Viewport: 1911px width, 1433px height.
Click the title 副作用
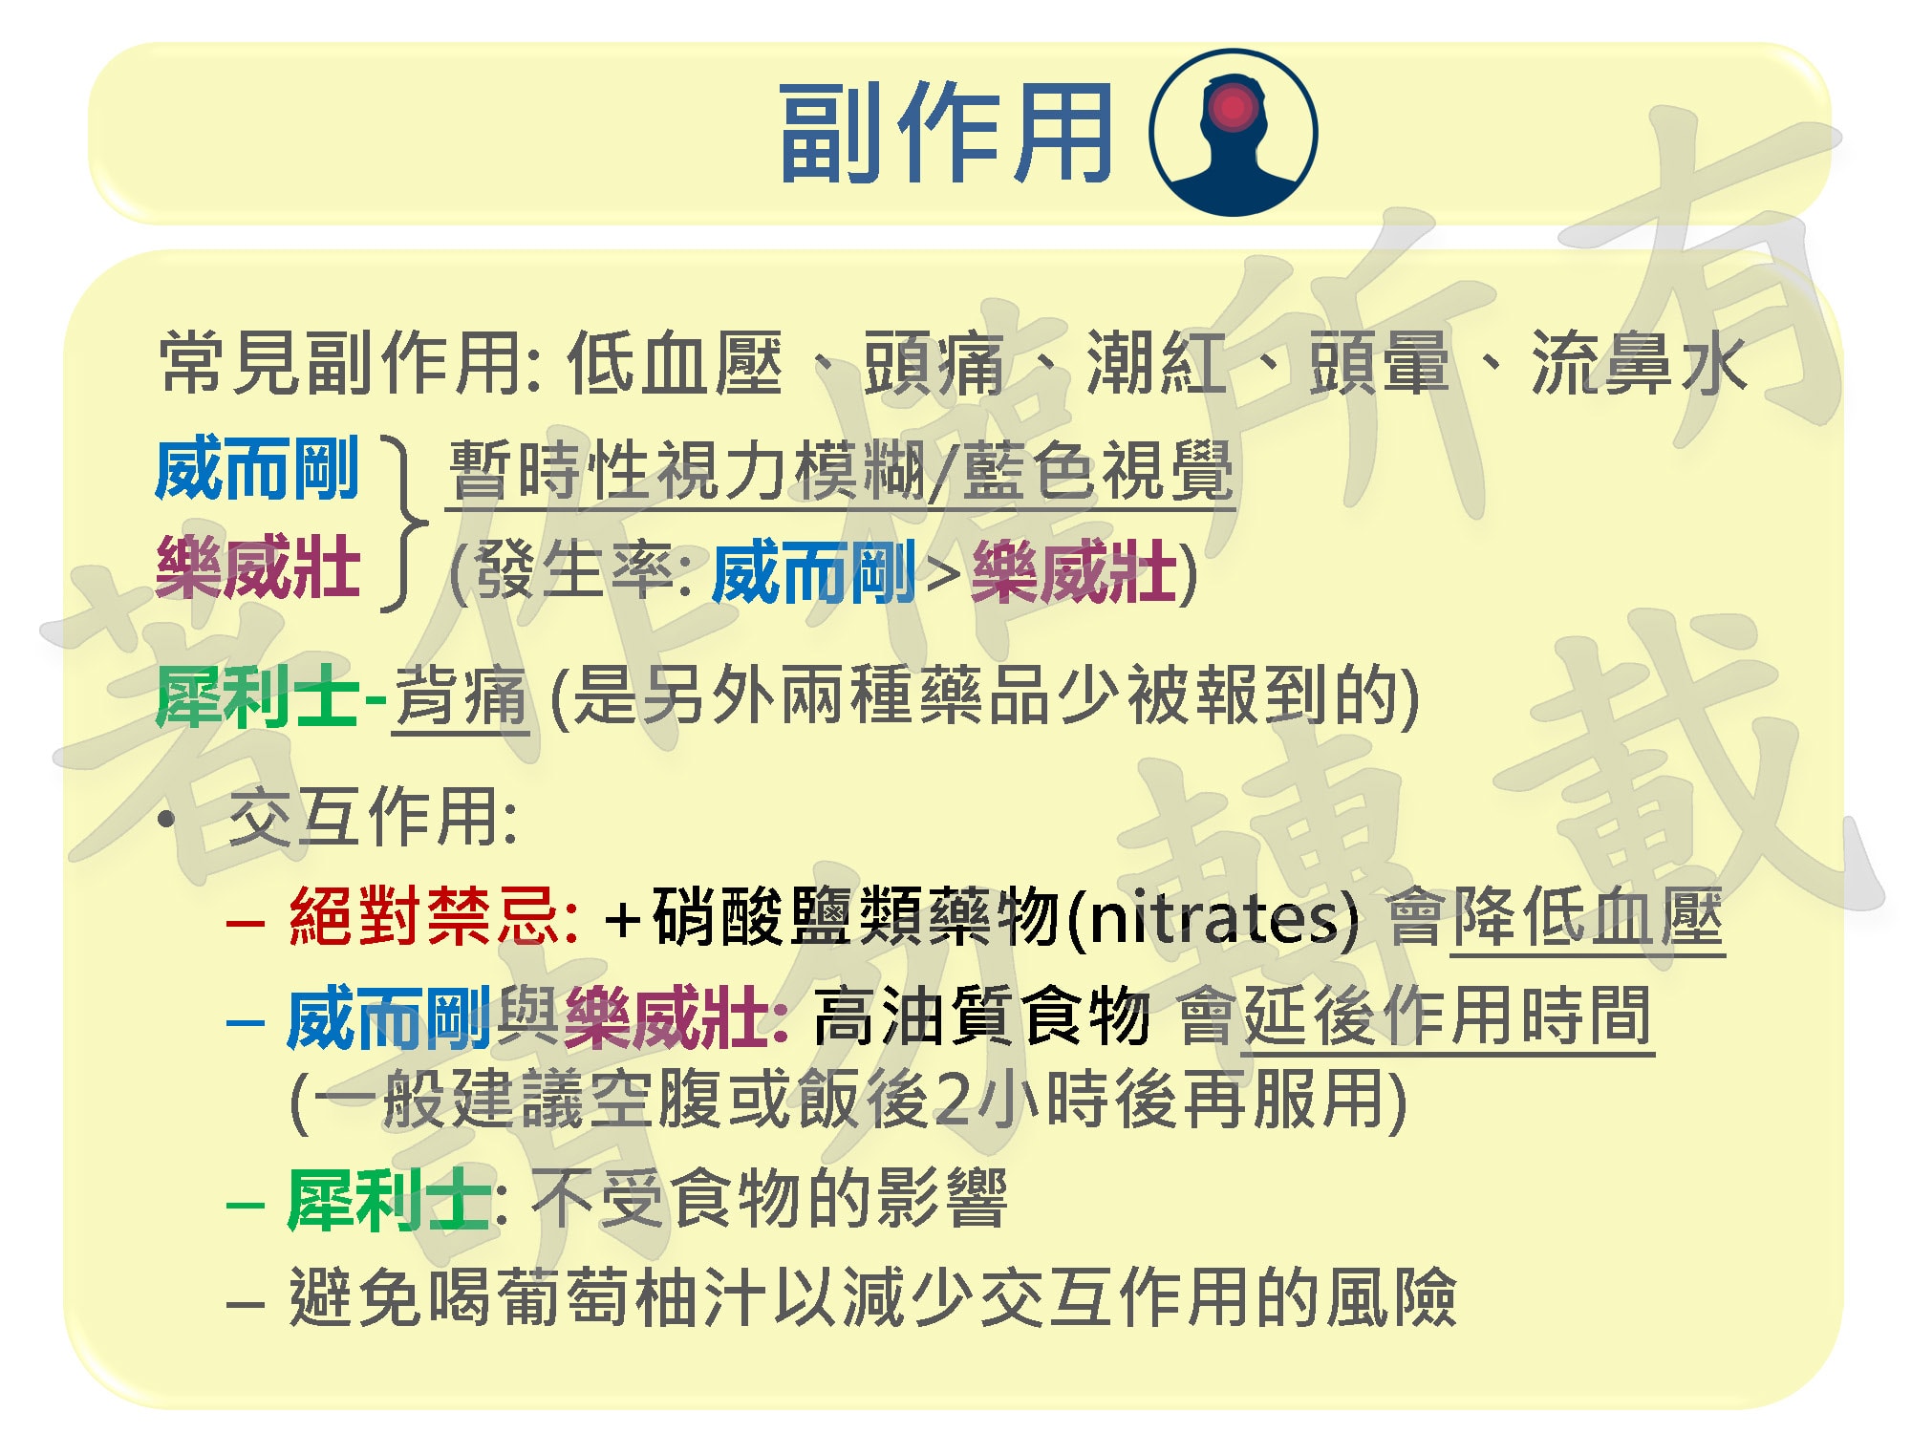click(x=945, y=133)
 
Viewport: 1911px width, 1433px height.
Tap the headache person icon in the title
click(x=1233, y=133)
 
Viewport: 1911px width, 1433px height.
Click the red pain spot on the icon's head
click(x=1233, y=107)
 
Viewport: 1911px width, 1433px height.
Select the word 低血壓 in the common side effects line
click(x=675, y=364)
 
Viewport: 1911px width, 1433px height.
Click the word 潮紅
click(x=1156, y=364)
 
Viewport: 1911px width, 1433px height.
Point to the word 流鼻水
click(x=1639, y=364)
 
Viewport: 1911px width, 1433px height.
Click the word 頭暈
click(x=1379, y=364)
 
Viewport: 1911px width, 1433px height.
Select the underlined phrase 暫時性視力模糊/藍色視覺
click(x=841, y=471)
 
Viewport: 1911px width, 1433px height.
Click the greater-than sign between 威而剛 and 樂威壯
click(x=943, y=574)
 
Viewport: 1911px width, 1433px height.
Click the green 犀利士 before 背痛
click(x=258, y=696)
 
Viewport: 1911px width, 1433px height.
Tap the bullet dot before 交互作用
click(x=168, y=820)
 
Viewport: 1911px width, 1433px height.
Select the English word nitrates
click(x=1213, y=918)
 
